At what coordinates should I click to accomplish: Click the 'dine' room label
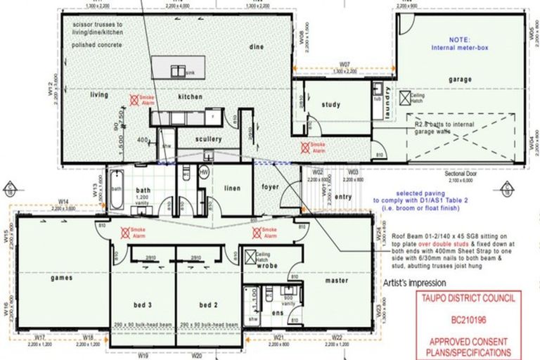[x=255, y=46]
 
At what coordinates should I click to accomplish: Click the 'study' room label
[x=330, y=105]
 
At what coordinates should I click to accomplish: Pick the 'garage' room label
[x=460, y=79]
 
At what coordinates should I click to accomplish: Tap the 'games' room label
[x=62, y=278]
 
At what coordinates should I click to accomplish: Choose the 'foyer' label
[x=270, y=187]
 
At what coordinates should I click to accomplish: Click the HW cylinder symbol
[x=205, y=172]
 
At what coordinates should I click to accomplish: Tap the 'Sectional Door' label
[x=461, y=172]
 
